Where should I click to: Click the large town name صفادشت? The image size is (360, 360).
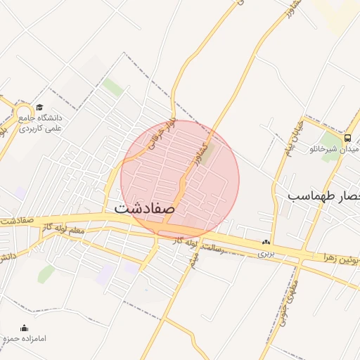point(144,209)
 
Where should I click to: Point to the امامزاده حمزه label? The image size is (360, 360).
point(25,339)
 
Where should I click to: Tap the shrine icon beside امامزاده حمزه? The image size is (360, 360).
point(25,328)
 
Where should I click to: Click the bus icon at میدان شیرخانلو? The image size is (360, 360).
point(348,138)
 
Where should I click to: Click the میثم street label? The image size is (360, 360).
point(193,258)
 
